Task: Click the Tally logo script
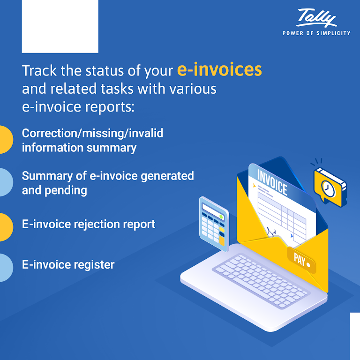(316, 18)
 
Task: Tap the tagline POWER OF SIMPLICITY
(316, 33)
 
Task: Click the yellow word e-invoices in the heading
(219, 69)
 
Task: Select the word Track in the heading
(39, 70)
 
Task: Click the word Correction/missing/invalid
(92, 133)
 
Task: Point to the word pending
(66, 191)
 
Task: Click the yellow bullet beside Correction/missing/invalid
(6, 140)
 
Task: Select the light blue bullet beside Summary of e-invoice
(6, 182)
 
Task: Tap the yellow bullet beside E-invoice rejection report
(6, 227)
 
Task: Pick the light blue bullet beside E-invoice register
(6, 268)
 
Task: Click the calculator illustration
(214, 224)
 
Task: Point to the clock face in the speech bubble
(328, 188)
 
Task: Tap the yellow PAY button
(301, 260)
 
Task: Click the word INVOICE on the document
(272, 182)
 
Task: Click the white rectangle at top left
(60, 26)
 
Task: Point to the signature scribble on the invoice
(271, 232)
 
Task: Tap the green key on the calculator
(221, 217)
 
